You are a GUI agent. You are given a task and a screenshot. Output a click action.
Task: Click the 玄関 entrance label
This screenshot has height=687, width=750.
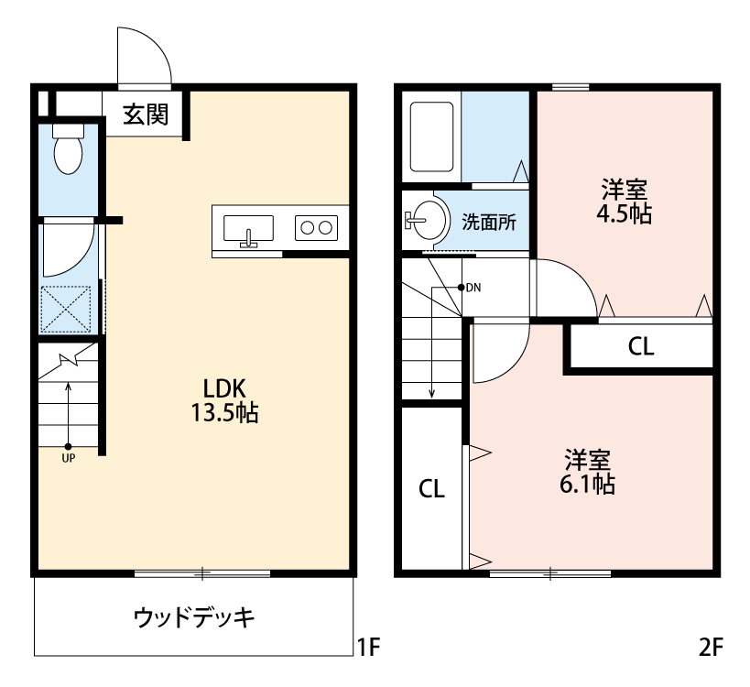coord(147,115)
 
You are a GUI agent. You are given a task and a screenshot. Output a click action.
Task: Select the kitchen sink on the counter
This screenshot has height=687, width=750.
coord(248,227)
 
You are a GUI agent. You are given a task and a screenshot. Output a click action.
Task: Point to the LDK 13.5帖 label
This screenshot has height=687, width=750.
coord(224,399)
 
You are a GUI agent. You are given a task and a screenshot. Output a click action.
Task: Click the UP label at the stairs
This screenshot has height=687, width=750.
coord(69,458)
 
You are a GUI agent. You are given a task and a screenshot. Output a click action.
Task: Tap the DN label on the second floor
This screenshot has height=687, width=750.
coord(473,287)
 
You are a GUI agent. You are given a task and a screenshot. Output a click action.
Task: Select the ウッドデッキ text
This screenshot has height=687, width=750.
coord(194,616)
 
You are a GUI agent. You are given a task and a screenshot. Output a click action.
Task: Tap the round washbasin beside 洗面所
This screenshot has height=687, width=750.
coord(426,220)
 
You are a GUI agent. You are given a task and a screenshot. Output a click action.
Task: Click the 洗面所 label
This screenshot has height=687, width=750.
coord(488,221)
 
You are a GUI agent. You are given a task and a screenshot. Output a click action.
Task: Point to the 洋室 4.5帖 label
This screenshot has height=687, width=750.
coord(625,202)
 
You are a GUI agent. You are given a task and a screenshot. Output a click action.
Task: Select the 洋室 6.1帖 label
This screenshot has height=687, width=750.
coord(587,471)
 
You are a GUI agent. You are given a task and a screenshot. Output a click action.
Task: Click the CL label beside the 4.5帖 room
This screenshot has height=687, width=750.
coord(641,347)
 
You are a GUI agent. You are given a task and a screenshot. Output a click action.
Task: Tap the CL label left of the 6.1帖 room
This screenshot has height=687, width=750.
coord(432,489)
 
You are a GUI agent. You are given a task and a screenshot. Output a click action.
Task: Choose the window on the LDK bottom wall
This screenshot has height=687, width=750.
coord(202,573)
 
